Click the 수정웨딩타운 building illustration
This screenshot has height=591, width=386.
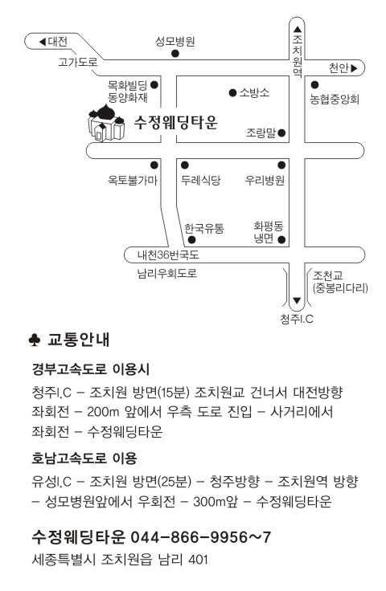click(106, 123)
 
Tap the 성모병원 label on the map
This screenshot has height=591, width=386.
click(175, 41)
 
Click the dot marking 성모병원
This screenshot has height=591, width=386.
click(175, 54)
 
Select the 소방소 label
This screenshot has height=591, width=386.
click(254, 92)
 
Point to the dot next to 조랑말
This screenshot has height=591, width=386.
click(281, 132)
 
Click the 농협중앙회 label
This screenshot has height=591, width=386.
click(335, 99)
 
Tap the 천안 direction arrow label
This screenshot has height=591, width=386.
click(343, 68)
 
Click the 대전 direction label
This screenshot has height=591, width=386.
click(54, 42)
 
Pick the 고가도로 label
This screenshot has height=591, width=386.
click(78, 62)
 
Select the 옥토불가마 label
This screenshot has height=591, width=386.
click(133, 180)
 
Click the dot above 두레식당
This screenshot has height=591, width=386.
click(185, 165)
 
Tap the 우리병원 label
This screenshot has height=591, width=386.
click(265, 180)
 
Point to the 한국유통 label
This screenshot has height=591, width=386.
click(204, 228)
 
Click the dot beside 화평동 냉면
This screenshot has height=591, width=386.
click(281, 239)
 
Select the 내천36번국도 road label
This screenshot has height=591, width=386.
click(168, 255)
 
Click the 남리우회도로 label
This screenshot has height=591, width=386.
click(166, 273)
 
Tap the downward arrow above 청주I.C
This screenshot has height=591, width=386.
click(297, 300)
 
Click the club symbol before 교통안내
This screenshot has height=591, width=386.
click(35, 340)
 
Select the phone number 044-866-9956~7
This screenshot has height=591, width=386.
click(201, 537)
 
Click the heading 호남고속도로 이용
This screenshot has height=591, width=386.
click(84, 458)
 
